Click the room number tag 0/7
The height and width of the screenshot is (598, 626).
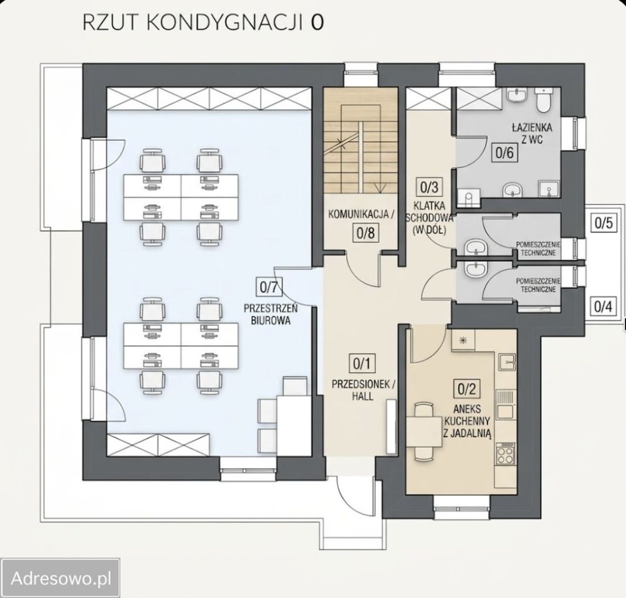(268, 287)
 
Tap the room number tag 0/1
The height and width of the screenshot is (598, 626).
(362, 364)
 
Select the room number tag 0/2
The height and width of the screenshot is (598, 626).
(467, 389)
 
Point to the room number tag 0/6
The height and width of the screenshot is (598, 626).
(504, 153)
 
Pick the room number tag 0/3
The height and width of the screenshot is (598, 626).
(429, 187)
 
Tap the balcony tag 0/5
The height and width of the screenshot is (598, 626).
(604, 222)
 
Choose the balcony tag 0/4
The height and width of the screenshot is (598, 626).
(603, 306)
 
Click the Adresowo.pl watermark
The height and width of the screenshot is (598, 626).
(60, 578)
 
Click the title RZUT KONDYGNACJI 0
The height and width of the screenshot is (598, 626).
(203, 22)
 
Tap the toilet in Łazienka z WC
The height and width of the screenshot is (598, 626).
(543, 100)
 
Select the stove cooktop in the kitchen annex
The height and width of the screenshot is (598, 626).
(505, 453)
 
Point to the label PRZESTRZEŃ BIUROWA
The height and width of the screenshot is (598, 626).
(271, 315)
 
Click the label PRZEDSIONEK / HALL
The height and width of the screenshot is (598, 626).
(362, 390)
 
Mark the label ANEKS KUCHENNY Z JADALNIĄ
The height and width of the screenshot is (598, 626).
(467, 421)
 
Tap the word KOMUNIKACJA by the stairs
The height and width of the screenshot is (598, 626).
(358, 214)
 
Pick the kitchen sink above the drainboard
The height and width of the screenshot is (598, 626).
(506, 363)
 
